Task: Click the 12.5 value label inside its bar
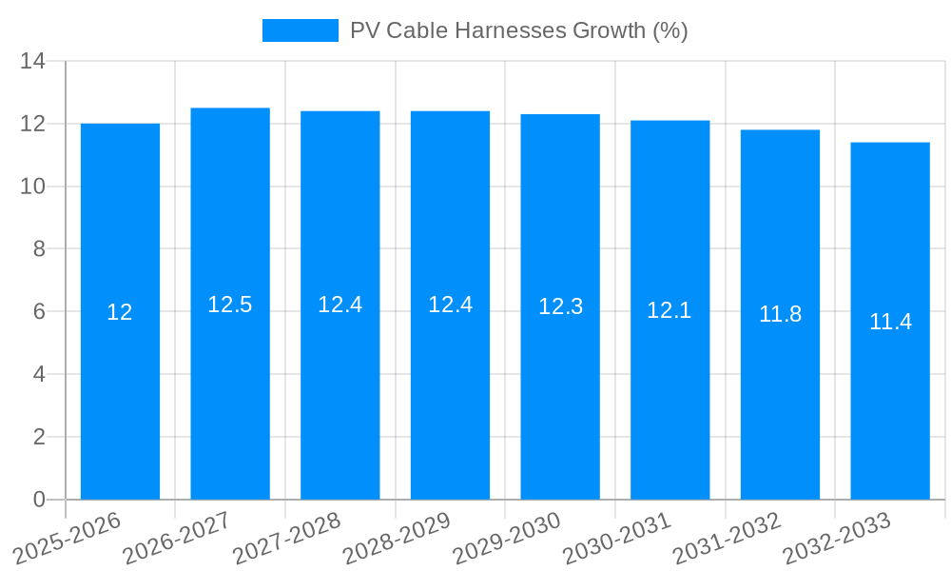230,305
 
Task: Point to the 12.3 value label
560,306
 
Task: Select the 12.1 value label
670,310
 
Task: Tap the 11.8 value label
780,314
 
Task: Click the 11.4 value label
890,322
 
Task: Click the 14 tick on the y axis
33,62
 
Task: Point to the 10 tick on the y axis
33,187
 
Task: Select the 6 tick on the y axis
39,312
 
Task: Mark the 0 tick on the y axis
39,500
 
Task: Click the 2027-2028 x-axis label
287,538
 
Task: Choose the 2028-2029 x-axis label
398,538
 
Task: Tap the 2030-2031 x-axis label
617,538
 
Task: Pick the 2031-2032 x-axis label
728,538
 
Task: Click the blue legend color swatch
300,30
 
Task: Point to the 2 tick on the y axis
39,437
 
